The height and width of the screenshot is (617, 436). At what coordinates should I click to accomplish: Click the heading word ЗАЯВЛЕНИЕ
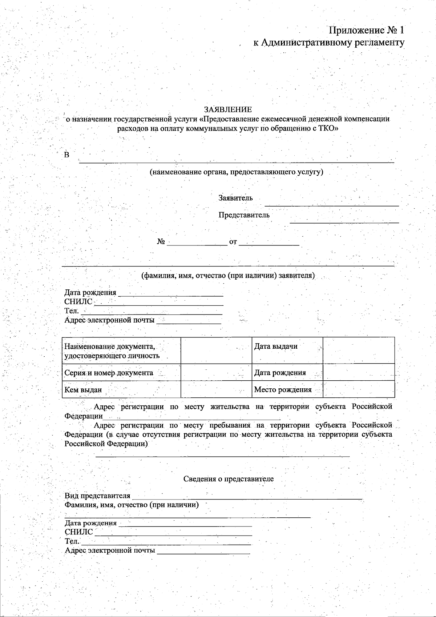click(x=227, y=109)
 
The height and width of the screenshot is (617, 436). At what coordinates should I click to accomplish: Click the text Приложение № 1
click(x=367, y=30)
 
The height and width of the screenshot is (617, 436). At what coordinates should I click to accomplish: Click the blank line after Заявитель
click(x=331, y=204)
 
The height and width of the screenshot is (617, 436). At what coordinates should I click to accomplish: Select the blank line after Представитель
click(x=344, y=220)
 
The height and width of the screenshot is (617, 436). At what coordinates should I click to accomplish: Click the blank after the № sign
click(x=197, y=243)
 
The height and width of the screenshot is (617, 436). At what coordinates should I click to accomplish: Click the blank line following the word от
click(x=269, y=243)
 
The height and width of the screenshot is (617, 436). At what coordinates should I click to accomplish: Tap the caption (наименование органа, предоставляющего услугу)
click(x=237, y=172)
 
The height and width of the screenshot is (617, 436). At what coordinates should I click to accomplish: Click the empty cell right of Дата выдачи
click(x=358, y=350)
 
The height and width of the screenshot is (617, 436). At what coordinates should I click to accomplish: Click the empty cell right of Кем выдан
click(x=216, y=389)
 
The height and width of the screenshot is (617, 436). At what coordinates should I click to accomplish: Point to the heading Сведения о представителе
click(x=228, y=479)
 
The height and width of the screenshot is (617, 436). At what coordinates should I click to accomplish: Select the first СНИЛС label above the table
click(x=78, y=302)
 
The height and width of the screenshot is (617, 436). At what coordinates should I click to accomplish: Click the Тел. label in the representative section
click(x=72, y=541)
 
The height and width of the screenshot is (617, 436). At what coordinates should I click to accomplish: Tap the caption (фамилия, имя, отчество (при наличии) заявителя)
click(x=228, y=276)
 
